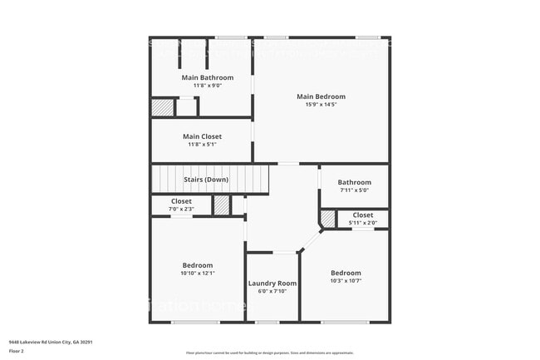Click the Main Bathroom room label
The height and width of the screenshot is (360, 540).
click(x=202, y=77)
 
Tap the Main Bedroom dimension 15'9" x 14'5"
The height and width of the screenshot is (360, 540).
click(x=321, y=105)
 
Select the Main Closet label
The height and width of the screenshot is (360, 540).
click(x=202, y=136)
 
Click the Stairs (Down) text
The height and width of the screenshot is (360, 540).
click(x=206, y=179)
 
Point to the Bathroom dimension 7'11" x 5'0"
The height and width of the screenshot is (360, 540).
click(x=354, y=190)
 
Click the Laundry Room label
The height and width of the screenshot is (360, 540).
click(x=272, y=284)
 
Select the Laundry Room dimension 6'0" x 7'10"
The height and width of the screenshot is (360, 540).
click(x=272, y=291)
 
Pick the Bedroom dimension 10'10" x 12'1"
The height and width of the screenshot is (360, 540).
click(x=198, y=273)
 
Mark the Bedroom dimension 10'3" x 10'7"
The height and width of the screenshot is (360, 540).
click(x=346, y=281)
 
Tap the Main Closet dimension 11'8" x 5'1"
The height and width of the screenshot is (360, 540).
click(x=202, y=145)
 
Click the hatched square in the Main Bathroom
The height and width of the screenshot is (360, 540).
click(x=162, y=107)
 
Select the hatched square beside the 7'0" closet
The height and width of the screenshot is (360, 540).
click(x=222, y=205)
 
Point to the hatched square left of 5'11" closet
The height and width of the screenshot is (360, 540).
click(x=328, y=218)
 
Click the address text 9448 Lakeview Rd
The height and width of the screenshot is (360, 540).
click(x=51, y=342)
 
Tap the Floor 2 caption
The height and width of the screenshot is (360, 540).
click(x=17, y=350)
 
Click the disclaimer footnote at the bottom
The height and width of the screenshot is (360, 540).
click(x=270, y=353)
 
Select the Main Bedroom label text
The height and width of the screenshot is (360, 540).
click(x=321, y=96)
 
